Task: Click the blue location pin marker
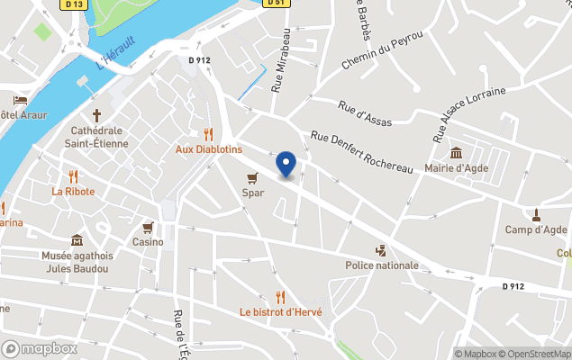[x=286, y=165]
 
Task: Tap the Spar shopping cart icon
[x=253, y=177]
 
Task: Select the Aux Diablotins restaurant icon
[x=208, y=134]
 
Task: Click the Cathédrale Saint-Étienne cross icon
[x=97, y=115]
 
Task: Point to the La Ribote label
[x=73, y=191]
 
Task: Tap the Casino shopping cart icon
[x=148, y=228]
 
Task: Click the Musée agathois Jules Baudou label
[x=76, y=262]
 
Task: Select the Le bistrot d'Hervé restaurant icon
[x=280, y=297]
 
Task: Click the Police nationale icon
[x=382, y=250]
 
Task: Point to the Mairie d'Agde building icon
[x=456, y=152]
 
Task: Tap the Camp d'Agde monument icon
[x=536, y=214]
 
